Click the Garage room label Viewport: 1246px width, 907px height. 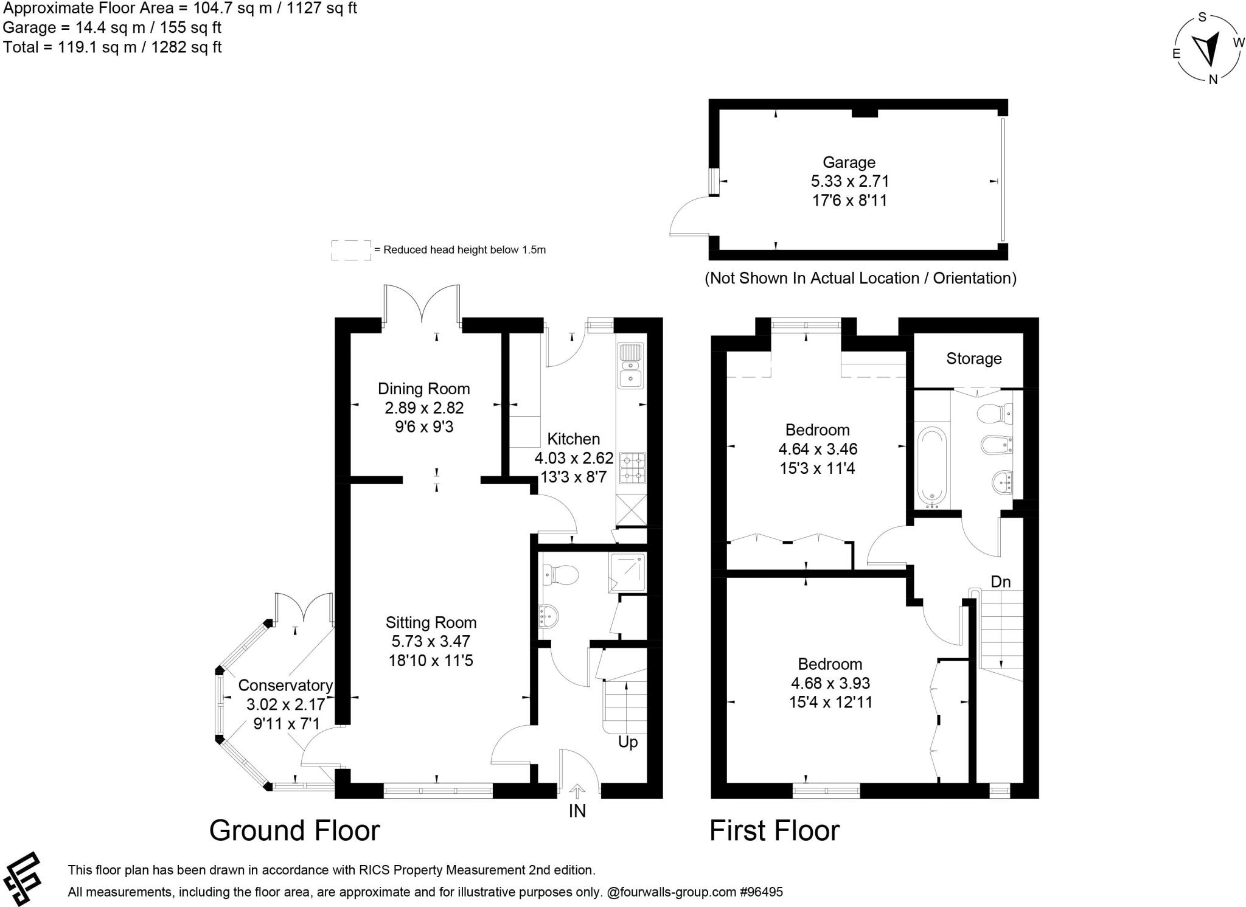849,162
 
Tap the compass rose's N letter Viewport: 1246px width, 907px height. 1213,79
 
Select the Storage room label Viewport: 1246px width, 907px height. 973,358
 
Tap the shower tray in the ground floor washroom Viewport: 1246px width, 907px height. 627,572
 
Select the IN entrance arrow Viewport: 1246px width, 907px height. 577,791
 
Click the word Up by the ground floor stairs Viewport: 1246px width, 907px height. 628,742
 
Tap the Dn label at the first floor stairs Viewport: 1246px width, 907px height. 1000,582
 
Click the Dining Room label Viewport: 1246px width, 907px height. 423,389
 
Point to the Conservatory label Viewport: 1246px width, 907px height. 285,685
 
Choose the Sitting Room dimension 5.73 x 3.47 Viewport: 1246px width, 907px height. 431,641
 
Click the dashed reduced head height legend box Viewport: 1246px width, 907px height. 351,250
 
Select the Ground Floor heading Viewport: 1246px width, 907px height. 294,830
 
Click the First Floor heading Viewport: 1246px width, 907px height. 774,830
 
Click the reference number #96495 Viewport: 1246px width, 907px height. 761,892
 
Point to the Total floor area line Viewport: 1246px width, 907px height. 113,47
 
